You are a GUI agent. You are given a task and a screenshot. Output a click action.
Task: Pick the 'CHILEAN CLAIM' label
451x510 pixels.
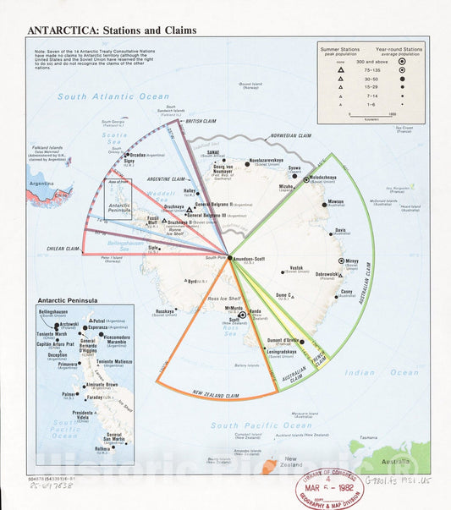pyautogui.click(x=61, y=249)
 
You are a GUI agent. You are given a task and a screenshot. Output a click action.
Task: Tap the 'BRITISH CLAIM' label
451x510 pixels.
pyautogui.click(x=201, y=121)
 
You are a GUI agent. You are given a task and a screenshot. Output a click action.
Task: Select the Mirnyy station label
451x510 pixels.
pyautogui.click(x=353, y=262)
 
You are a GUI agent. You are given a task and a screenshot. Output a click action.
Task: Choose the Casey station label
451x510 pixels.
pyautogui.click(x=346, y=292)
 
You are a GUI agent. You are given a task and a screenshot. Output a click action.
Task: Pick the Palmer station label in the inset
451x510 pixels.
pyautogui.click(x=68, y=393)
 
